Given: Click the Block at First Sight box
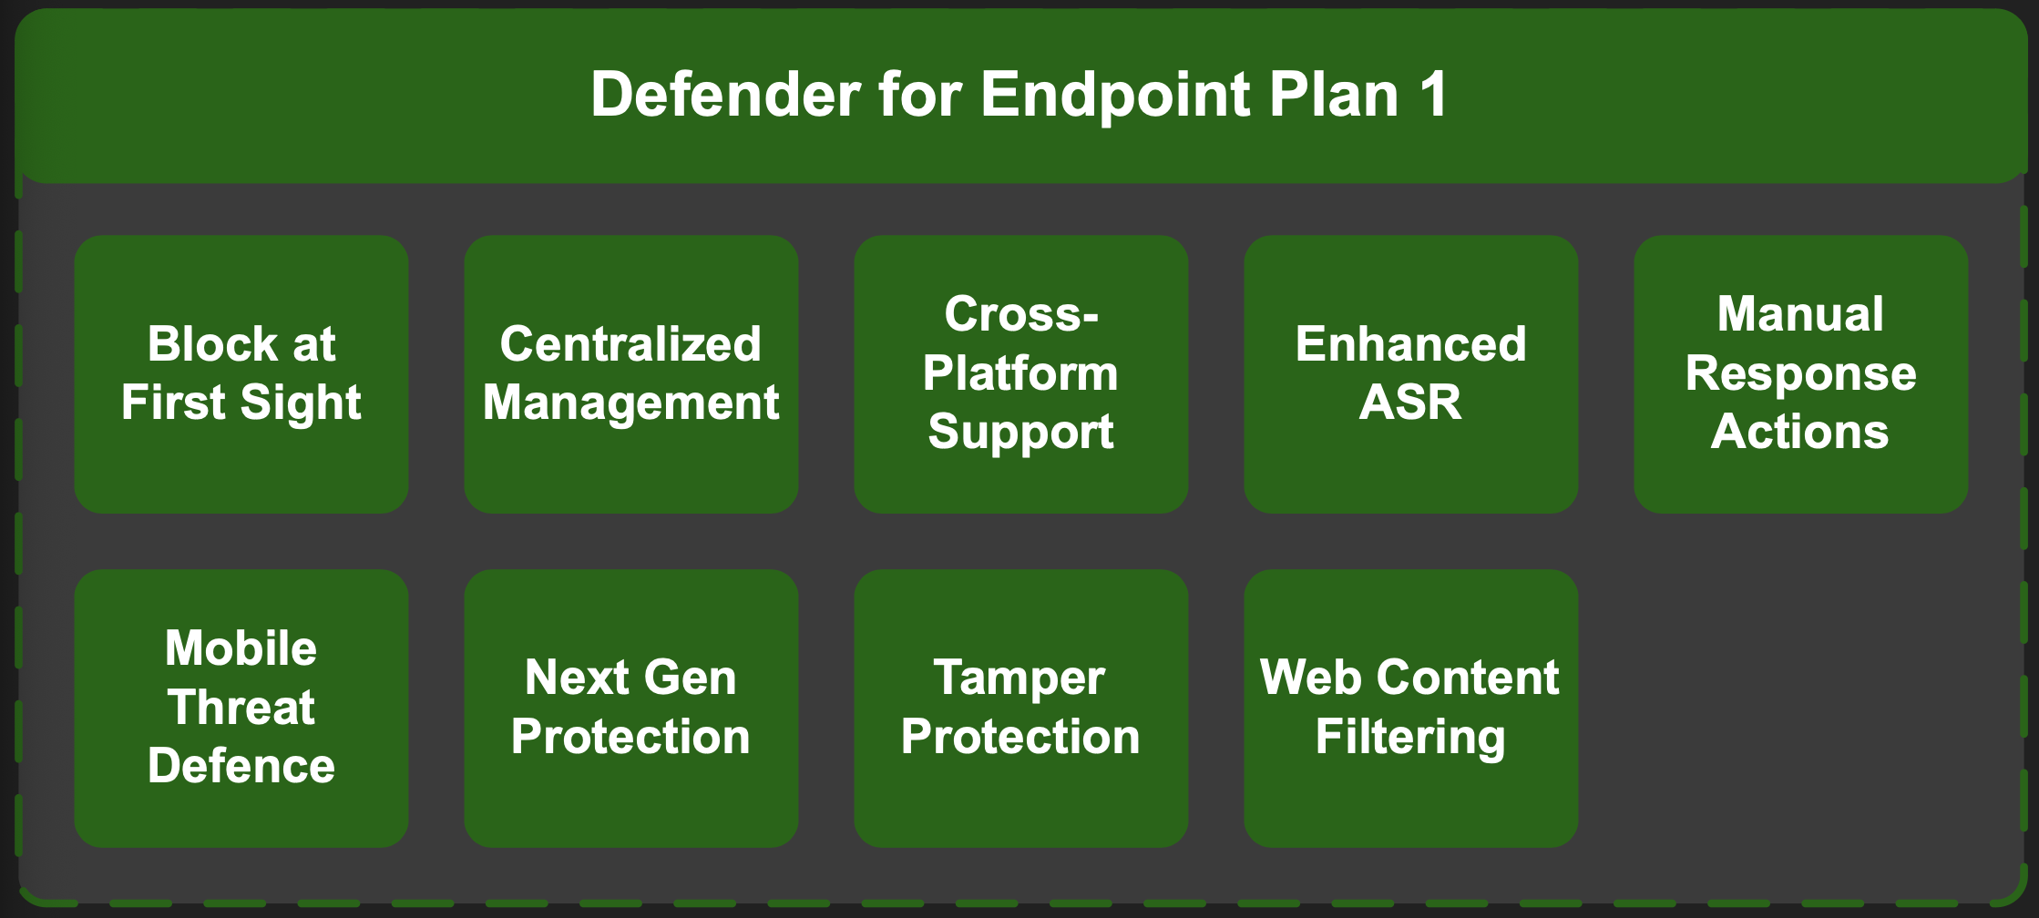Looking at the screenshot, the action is point(241,374).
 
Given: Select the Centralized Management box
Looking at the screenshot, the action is point(631,374).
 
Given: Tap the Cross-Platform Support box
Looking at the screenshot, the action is point(1021,374).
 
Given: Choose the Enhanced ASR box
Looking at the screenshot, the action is point(1411,374).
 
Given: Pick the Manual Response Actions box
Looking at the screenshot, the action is point(1801,374).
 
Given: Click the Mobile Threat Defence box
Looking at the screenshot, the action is point(241,709).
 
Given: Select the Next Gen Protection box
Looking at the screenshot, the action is point(631,709).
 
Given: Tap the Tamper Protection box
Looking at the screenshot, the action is point(1021,709).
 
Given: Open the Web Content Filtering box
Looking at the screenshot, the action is point(1411,709).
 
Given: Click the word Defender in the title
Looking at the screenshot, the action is point(725,95).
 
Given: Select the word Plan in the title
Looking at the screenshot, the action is point(1334,95).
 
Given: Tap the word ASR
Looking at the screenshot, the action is point(1410,403).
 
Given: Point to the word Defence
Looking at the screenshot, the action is point(241,766).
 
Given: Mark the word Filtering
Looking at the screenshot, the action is point(1410,739).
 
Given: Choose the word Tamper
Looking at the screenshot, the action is point(1019,679).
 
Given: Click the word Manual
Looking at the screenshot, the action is point(1800,315).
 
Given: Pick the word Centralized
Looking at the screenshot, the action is point(630,344).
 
